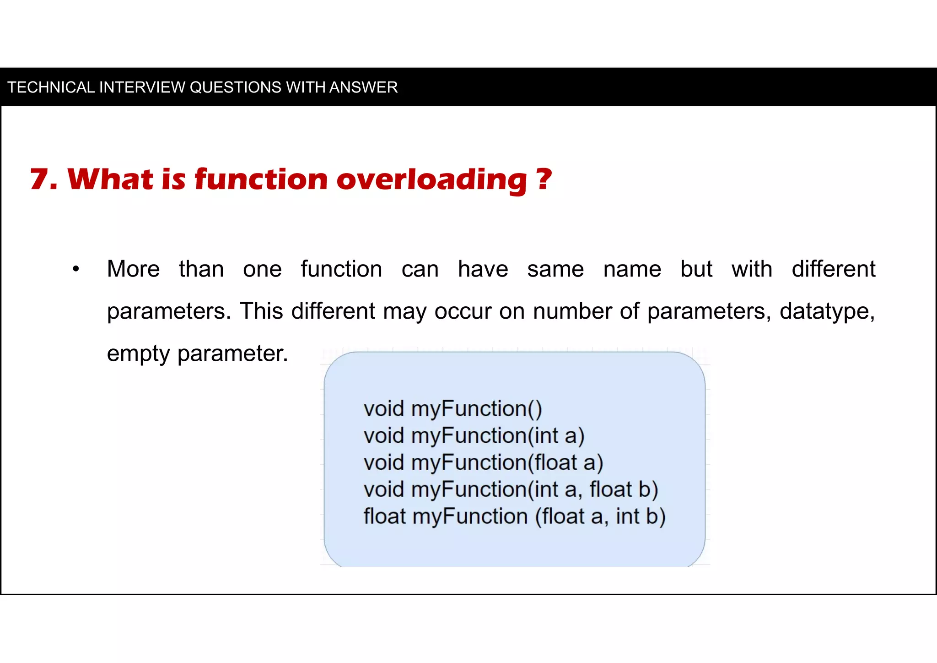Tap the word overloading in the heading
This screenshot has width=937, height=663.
coord(432,180)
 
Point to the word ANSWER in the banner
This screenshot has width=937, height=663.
coord(363,87)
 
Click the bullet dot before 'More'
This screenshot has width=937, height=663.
coord(76,269)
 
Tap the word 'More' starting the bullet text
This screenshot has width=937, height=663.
coord(133,269)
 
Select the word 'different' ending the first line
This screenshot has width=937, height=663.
coord(833,269)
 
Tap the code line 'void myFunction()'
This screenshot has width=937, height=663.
coord(452,408)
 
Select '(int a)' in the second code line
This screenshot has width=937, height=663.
coord(556,435)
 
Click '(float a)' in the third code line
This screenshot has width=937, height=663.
coord(565,462)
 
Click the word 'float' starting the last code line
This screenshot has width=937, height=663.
coord(384,516)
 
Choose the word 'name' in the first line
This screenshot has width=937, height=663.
coord(632,269)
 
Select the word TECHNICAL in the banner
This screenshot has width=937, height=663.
coord(51,87)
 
